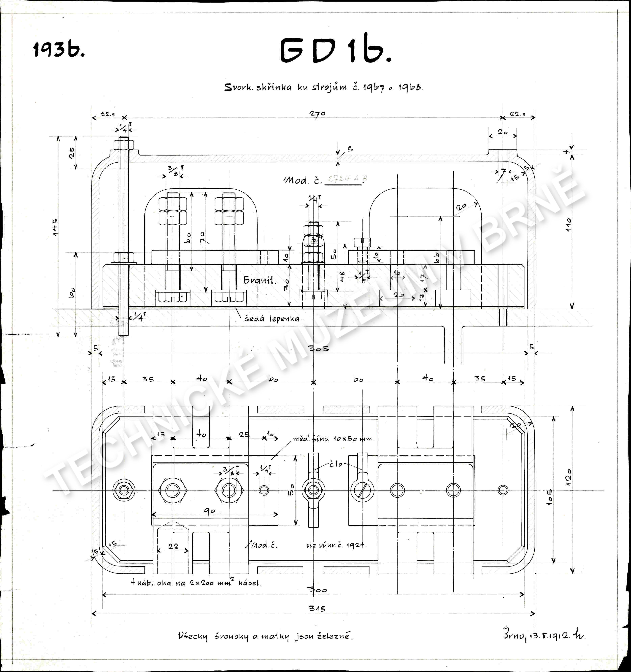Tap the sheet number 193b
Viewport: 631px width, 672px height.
(59, 50)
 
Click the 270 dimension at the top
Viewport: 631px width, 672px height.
(317, 114)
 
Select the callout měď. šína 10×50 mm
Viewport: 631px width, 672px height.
(333, 439)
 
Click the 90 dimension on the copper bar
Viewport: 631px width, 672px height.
(210, 511)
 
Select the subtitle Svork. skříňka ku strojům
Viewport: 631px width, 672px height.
(324, 87)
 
